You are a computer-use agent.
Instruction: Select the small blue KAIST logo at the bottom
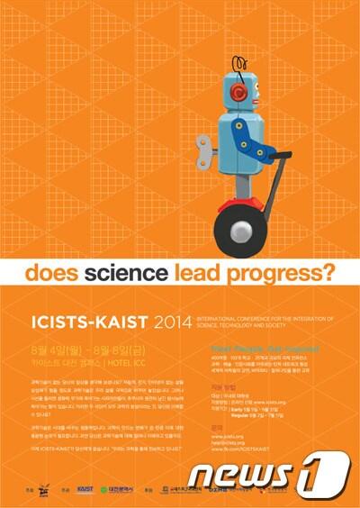[x=85, y=488]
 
